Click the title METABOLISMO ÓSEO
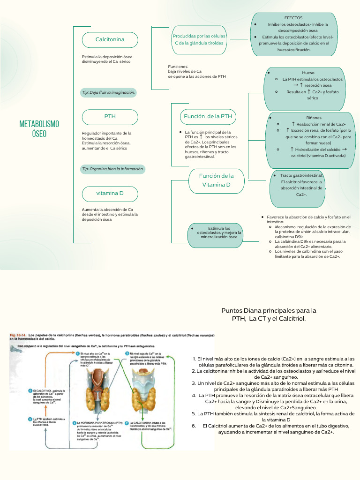39,128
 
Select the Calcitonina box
110,40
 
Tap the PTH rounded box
110,116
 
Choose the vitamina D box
110,193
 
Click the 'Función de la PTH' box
208,116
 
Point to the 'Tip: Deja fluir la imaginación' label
108,93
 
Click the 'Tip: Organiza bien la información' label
112,169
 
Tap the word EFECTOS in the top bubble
294,17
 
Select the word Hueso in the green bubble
308,73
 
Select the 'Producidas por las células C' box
199,39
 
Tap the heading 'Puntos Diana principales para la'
269,310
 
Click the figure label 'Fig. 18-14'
18,336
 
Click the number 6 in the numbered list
193,426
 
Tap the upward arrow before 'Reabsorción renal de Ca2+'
293,124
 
